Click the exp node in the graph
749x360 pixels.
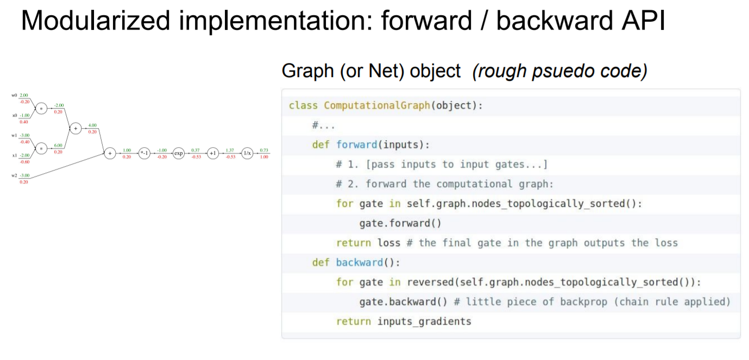pyautogui.click(x=179, y=154)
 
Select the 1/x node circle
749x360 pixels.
pyautogui.click(x=247, y=154)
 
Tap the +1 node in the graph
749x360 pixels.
pyautogui.click(x=213, y=154)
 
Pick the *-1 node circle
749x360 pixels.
pyautogui.click(x=144, y=154)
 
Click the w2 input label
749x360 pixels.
pyautogui.click(x=14, y=175)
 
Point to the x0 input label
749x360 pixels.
pyautogui.click(x=14, y=115)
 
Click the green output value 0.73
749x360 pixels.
pyautogui.click(x=264, y=150)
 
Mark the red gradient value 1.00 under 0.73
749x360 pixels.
pyautogui.click(x=264, y=157)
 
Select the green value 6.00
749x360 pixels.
pyautogui.click(x=59, y=146)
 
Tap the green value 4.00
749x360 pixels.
pyautogui.click(x=92, y=125)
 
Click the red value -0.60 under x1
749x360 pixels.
pyautogui.click(x=24, y=161)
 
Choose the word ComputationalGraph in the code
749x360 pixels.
pyautogui.click(x=377, y=105)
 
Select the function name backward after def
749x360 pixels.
pyautogui.click(x=359, y=262)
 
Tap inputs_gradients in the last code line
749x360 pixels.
pyautogui.click(x=424, y=321)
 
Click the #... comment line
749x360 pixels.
pyautogui.click(x=323, y=125)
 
